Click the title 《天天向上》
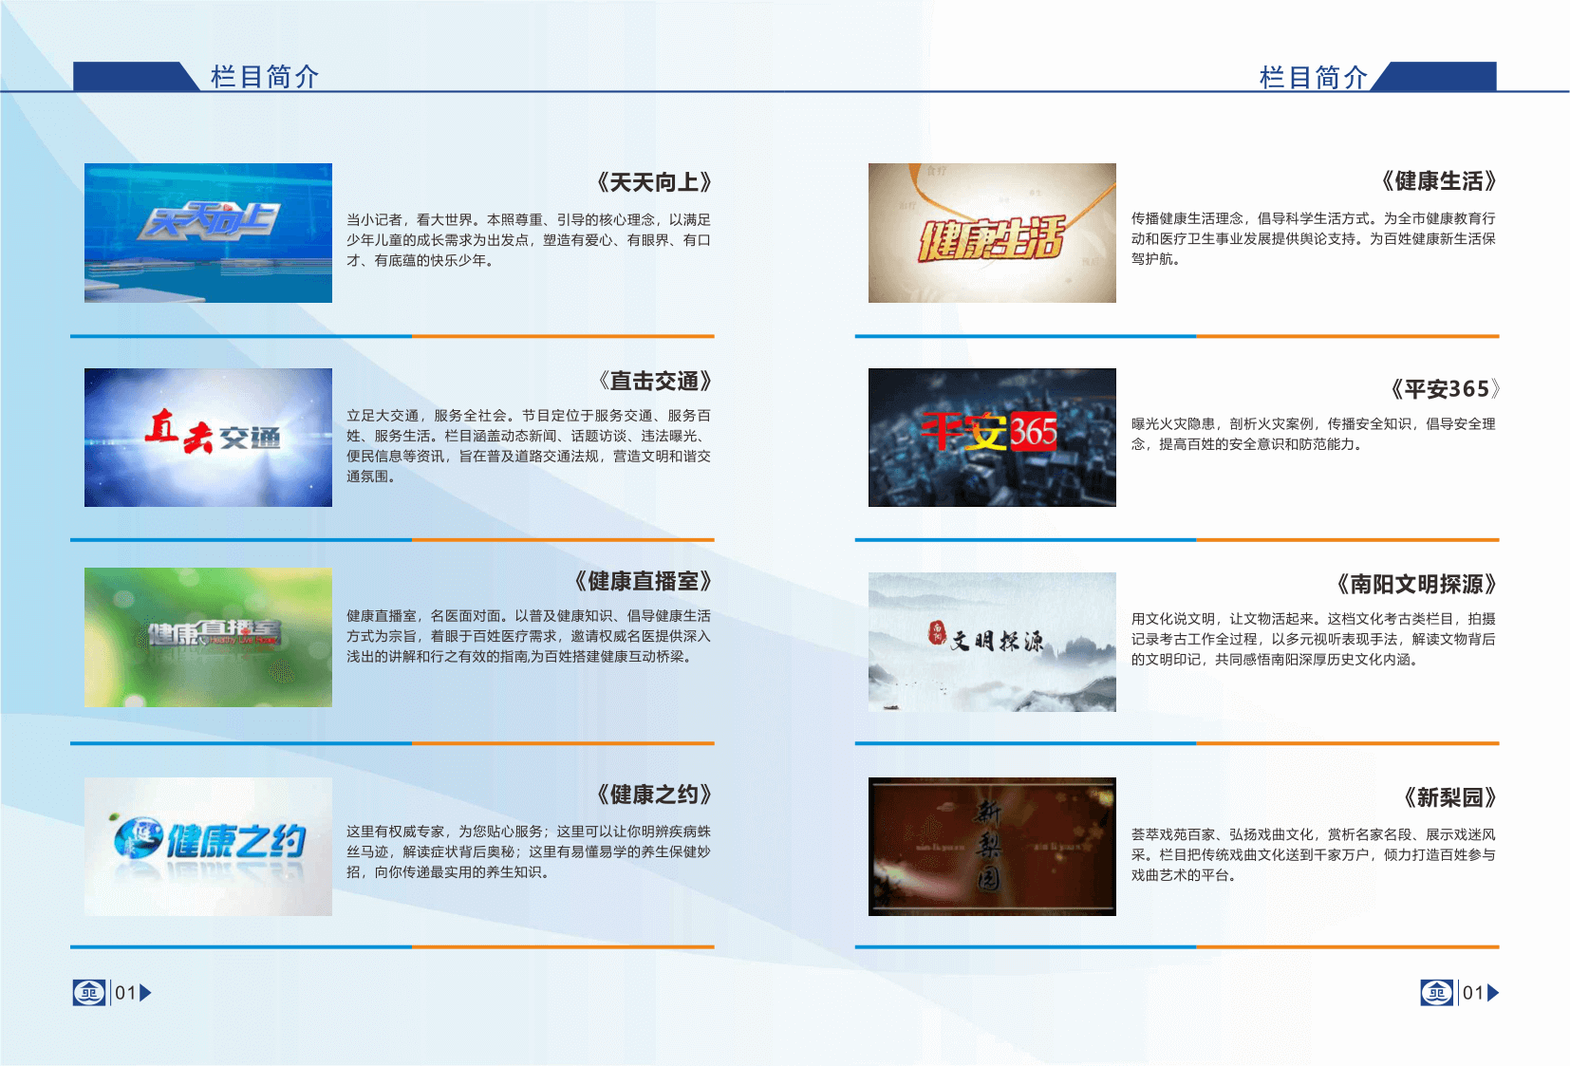[654, 183]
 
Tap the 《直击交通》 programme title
[654, 382]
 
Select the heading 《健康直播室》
[643, 581]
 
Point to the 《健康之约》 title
[654, 795]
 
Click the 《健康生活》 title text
[1439, 181]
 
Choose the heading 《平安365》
[1444, 389]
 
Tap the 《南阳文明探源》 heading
[1416, 585]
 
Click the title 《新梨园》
[1450, 797]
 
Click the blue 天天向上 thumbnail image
[208, 233]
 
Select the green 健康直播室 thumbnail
[208, 637]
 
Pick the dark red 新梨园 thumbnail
[992, 846]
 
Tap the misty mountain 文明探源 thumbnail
[992, 642]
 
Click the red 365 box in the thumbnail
[1033, 432]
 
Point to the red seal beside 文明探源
[937, 631]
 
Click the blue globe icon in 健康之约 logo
[138, 837]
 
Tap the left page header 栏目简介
[265, 77]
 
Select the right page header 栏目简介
[1314, 77]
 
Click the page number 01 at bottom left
[125, 992]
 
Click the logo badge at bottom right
[1437, 992]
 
